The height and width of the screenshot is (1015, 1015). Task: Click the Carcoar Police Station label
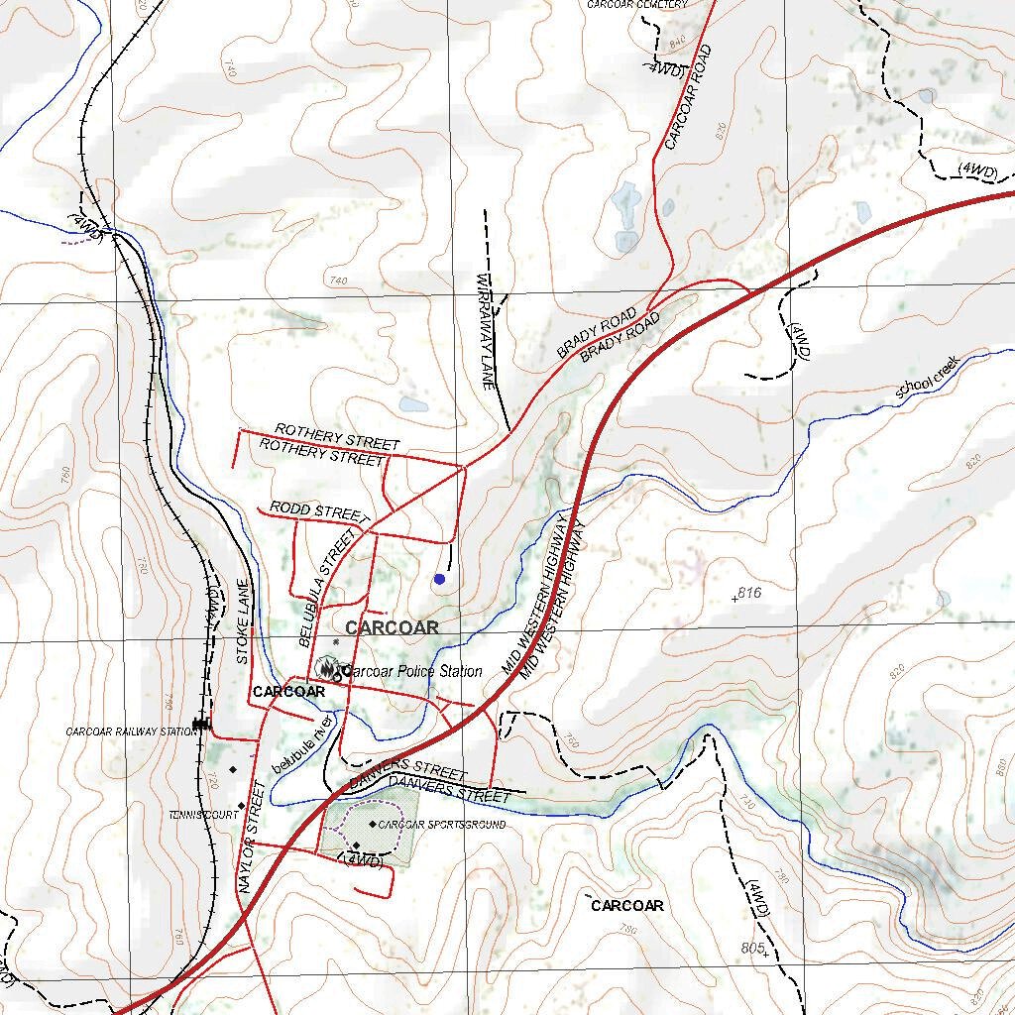tap(410, 671)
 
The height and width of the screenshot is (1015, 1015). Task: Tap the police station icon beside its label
tap(326, 669)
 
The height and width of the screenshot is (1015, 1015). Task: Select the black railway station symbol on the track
tap(202, 725)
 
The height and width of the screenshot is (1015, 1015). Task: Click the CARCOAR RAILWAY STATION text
tap(131, 732)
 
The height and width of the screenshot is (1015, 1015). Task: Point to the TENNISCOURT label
tap(203, 814)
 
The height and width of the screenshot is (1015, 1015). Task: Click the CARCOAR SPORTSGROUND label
tap(442, 825)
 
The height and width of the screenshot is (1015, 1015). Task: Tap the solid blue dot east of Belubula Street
tap(439, 579)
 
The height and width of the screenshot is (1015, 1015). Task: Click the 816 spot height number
tap(749, 593)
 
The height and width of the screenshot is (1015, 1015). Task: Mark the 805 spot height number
tap(752, 948)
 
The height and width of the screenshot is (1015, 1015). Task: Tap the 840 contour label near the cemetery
tap(678, 43)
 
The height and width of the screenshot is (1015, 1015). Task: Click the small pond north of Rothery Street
tap(413, 404)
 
